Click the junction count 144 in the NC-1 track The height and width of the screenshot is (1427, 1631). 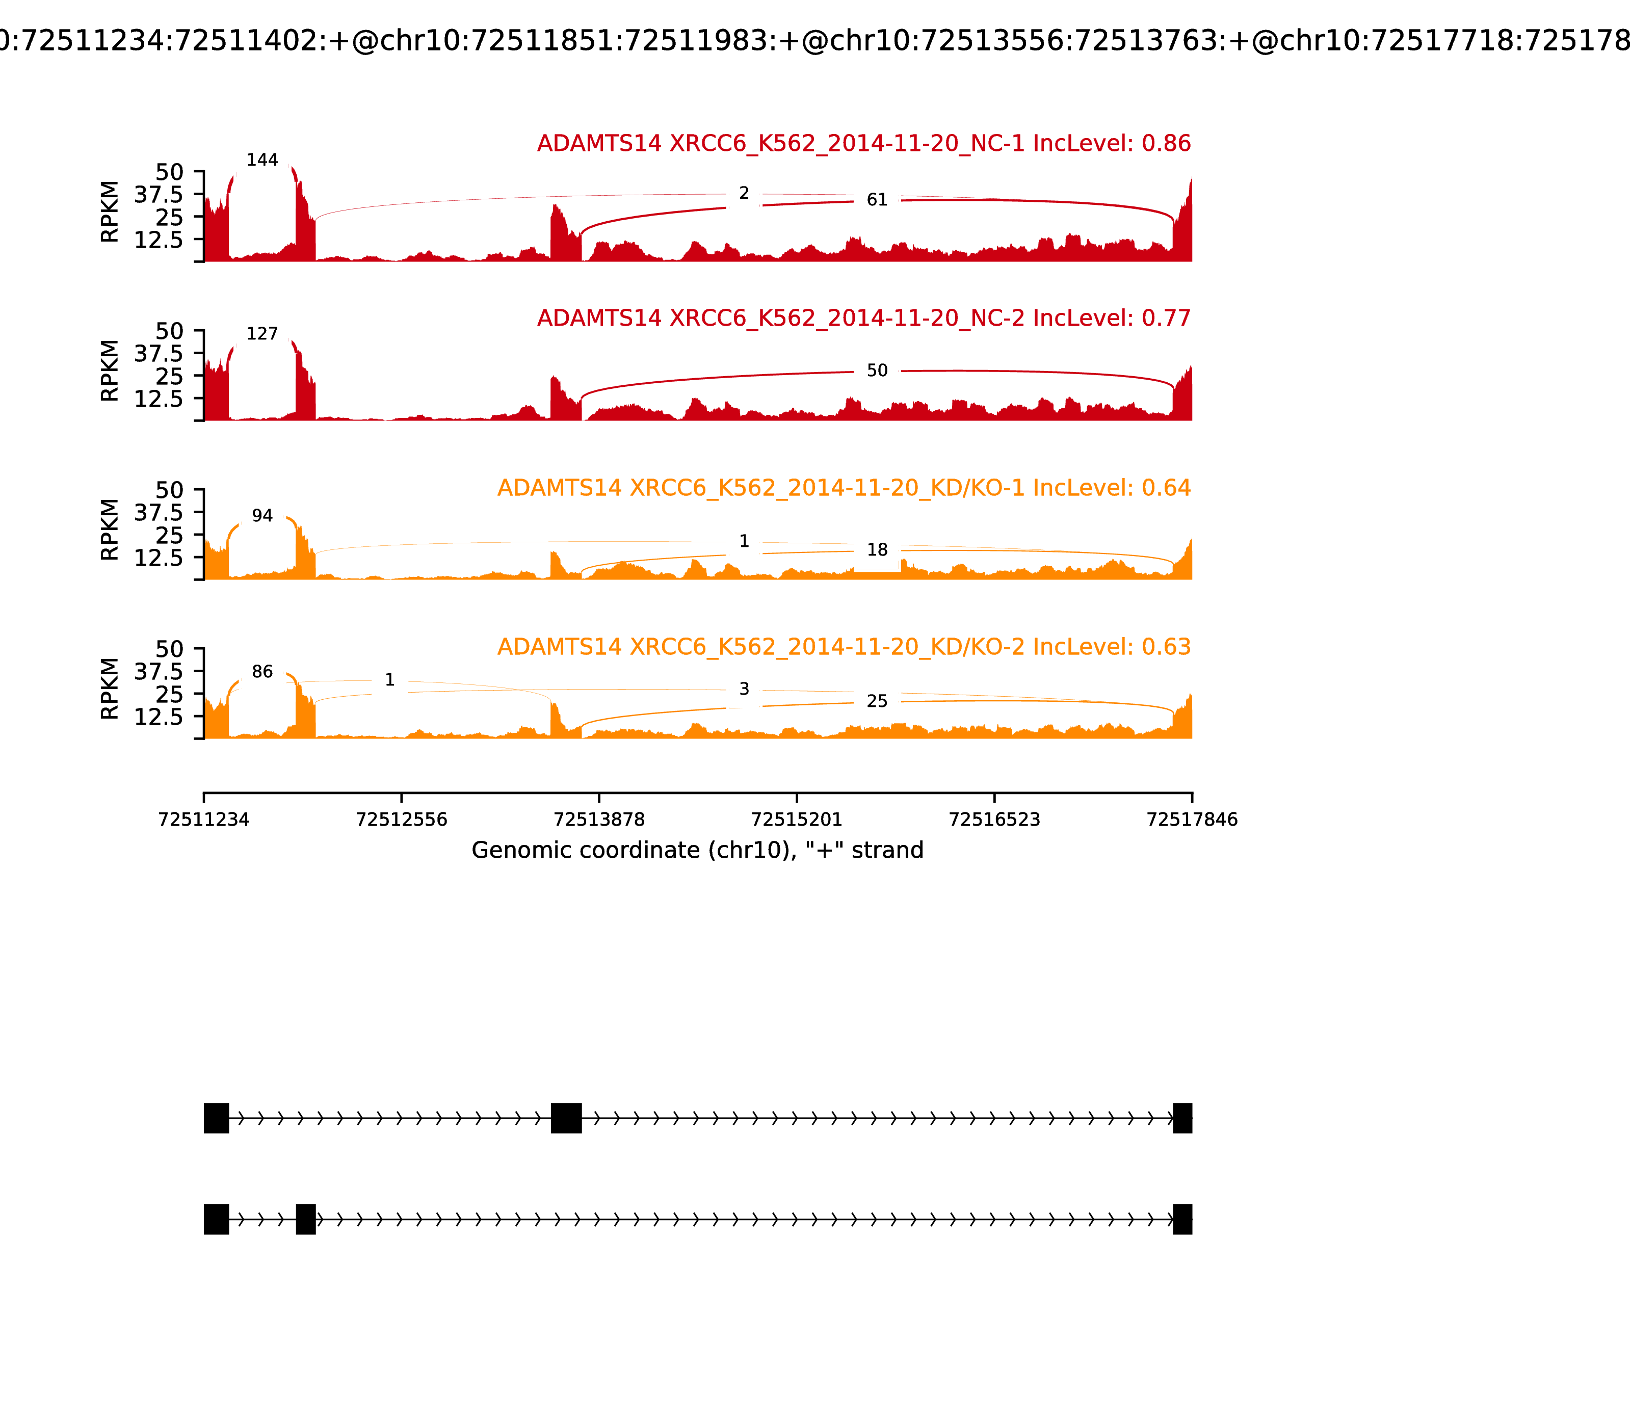pyautogui.click(x=262, y=160)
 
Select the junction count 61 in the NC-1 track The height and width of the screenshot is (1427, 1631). pyautogui.click(x=877, y=200)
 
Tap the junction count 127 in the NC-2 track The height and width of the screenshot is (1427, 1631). pyautogui.click(x=262, y=334)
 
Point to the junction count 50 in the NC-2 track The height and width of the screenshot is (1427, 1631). pyautogui.click(x=877, y=371)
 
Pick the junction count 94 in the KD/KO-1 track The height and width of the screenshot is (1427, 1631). pyautogui.click(x=262, y=515)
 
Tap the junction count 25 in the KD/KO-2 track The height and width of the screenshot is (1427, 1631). pyautogui.click(x=877, y=701)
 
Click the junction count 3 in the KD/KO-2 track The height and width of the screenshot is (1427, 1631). pyautogui.click(x=744, y=689)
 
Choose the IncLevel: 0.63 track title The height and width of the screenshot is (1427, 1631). pyautogui.click(x=844, y=647)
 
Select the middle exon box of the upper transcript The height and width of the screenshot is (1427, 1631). pyautogui.click(x=566, y=1118)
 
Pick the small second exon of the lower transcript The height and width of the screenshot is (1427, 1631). pyautogui.click(x=306, y=1219)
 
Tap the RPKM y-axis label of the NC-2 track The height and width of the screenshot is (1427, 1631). pyautogui.click(x=110, y=371)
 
